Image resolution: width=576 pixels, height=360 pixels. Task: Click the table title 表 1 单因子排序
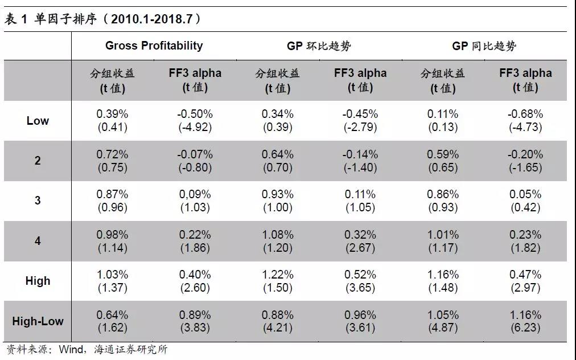(102, 19)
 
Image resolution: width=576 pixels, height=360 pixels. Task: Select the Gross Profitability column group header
(154, 46)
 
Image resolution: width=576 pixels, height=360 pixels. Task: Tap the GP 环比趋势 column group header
(319, 46)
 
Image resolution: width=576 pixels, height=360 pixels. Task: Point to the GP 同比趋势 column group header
(484, 46)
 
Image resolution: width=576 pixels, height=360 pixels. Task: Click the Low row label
(38, 121)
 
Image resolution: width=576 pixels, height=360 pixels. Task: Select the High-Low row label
(38, 321)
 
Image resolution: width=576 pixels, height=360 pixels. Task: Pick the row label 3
(38, 201)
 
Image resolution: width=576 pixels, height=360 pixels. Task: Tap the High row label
(38, 281)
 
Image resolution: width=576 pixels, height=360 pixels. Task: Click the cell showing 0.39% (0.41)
(112, 121)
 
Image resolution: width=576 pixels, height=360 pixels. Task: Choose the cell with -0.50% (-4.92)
(195, 121)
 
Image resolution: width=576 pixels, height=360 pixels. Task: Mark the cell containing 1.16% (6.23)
(525, 321)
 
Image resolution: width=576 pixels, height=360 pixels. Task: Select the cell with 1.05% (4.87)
(443, 321)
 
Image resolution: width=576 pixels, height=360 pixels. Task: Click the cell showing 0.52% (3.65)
(360, 281)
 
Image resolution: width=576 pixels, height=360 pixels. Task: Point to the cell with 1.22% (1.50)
(278, 281)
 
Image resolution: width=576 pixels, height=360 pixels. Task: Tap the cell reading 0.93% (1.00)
(278, 201)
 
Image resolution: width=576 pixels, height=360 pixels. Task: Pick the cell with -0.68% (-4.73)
(525, 121)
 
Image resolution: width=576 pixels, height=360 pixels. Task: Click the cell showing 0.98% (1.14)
(112, 241)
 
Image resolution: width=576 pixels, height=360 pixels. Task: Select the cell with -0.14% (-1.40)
(360, 161)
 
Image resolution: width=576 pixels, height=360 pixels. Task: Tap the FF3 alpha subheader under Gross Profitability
(195, 80)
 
